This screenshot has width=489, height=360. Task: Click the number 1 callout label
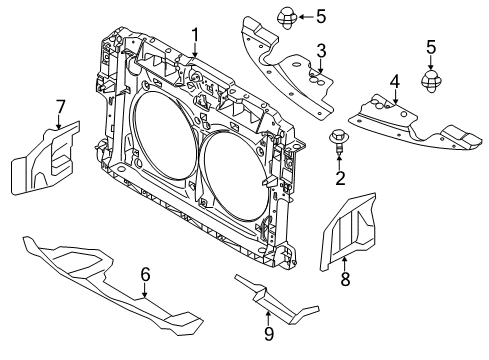(x=196, y=33)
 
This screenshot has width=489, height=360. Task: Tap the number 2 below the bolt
(x=340, y=179)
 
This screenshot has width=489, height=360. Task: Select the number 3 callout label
(x=321, y=50)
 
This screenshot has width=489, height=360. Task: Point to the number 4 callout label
(x=395, y=81)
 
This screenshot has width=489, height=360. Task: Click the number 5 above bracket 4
(x=431, y=46)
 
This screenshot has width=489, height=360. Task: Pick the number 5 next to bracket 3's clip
(x=292, y=15)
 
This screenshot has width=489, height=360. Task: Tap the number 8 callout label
(x=346, y=281)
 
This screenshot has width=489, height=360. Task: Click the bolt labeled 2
(x=339, y=143)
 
